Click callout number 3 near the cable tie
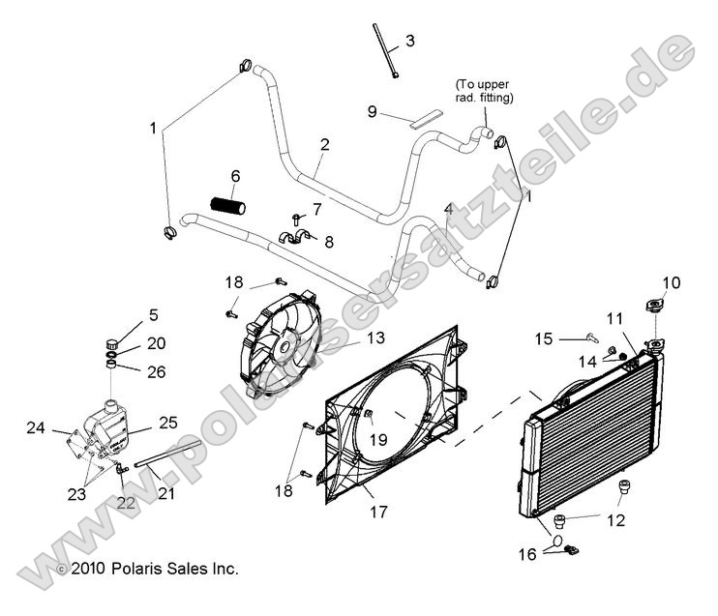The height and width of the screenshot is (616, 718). [410, 41]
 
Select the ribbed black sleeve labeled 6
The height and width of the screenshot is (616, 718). [228, 205]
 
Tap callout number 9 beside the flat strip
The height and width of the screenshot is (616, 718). [372, 111]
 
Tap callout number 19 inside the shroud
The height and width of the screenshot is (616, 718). [378, 438]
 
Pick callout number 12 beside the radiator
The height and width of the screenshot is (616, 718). [615, 520]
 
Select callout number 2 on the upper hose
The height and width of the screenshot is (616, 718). [324, 145]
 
